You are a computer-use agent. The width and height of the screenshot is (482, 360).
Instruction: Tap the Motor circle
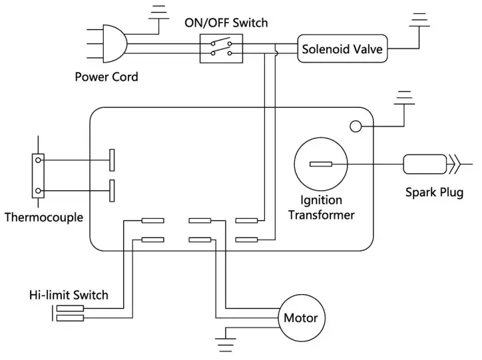[301, 317]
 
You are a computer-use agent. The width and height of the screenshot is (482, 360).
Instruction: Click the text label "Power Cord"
[107, 77]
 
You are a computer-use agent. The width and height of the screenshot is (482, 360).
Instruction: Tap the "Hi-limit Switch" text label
[69, 295]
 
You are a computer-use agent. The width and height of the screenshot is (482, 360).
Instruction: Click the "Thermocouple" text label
[43, 217]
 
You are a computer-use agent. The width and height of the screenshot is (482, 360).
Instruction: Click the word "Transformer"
[322, 215]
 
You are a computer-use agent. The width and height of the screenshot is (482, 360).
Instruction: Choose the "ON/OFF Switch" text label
[226, 23]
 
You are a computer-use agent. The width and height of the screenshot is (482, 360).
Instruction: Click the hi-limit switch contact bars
[70, 313]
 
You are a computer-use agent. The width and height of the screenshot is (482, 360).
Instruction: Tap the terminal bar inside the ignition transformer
[320, 164]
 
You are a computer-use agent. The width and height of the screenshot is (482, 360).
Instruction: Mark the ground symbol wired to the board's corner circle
[403, 99]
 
